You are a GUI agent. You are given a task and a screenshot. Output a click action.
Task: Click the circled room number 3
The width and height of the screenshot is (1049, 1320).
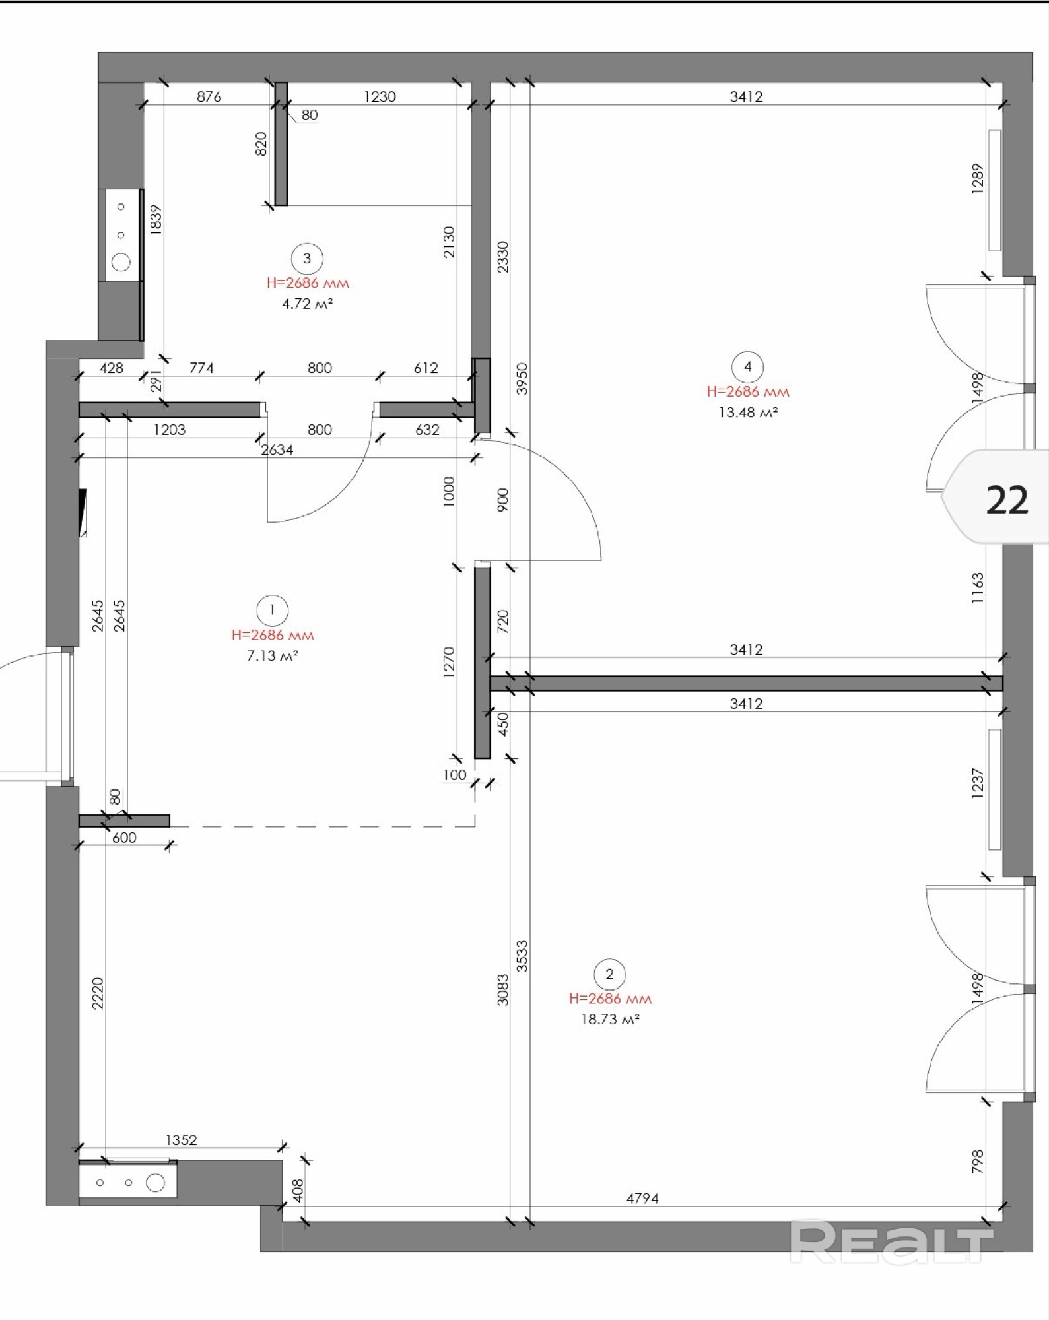[x=306, y=258]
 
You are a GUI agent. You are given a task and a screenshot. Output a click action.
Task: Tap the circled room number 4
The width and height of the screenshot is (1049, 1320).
[x=747, y=366]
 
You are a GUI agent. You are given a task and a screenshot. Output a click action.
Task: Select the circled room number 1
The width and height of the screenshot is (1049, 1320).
[x=272, y=610]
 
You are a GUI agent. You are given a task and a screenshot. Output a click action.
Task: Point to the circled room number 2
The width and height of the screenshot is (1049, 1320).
[x=609, y=974]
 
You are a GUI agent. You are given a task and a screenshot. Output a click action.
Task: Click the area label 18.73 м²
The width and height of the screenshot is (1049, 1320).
[x=610, y=1019]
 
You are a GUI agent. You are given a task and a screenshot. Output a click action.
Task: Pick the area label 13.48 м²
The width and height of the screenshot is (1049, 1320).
[x=747, y=412]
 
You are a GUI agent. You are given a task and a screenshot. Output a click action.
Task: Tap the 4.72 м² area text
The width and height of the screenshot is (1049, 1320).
[x=307, y=304]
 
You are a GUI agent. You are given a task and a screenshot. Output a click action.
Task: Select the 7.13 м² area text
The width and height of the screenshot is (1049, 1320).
[x=272, y=656]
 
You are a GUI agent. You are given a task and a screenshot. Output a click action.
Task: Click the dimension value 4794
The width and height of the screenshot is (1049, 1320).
[x=642, y=1198]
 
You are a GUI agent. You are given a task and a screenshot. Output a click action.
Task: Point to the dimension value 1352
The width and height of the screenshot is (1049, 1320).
[x=181, y=1140]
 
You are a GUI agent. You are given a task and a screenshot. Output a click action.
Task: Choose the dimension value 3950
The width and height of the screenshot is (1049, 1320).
[x=522, y=379]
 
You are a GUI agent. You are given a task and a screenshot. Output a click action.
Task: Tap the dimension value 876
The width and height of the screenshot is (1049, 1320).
[x=209, y=96]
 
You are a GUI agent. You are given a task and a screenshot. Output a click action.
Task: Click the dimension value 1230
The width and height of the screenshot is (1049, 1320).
[x=380, y=96]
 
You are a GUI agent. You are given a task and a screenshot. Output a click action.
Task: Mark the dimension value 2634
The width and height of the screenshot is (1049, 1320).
[x=277, y=450]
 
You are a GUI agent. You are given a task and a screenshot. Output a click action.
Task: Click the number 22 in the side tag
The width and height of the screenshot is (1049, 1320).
[x=1007, y=500]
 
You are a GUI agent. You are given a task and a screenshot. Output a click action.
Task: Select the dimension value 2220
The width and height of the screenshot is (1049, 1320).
[x=98, y=993]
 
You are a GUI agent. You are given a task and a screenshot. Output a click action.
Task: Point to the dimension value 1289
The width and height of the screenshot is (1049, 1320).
[x=978, y=178]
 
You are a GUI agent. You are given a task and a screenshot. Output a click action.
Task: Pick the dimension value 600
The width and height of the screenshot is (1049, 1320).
[x=124, y=838]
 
